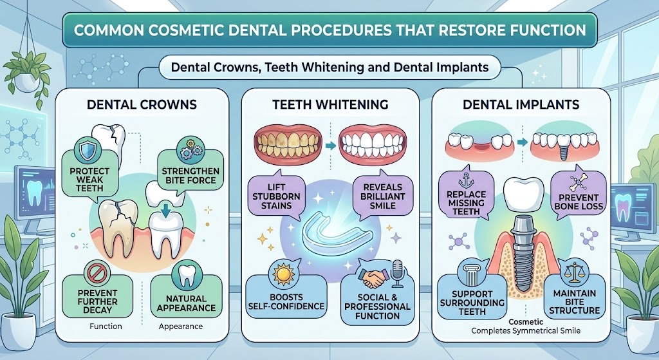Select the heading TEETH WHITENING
[x=329, y=103]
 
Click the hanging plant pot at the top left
[x=27, y=81]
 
